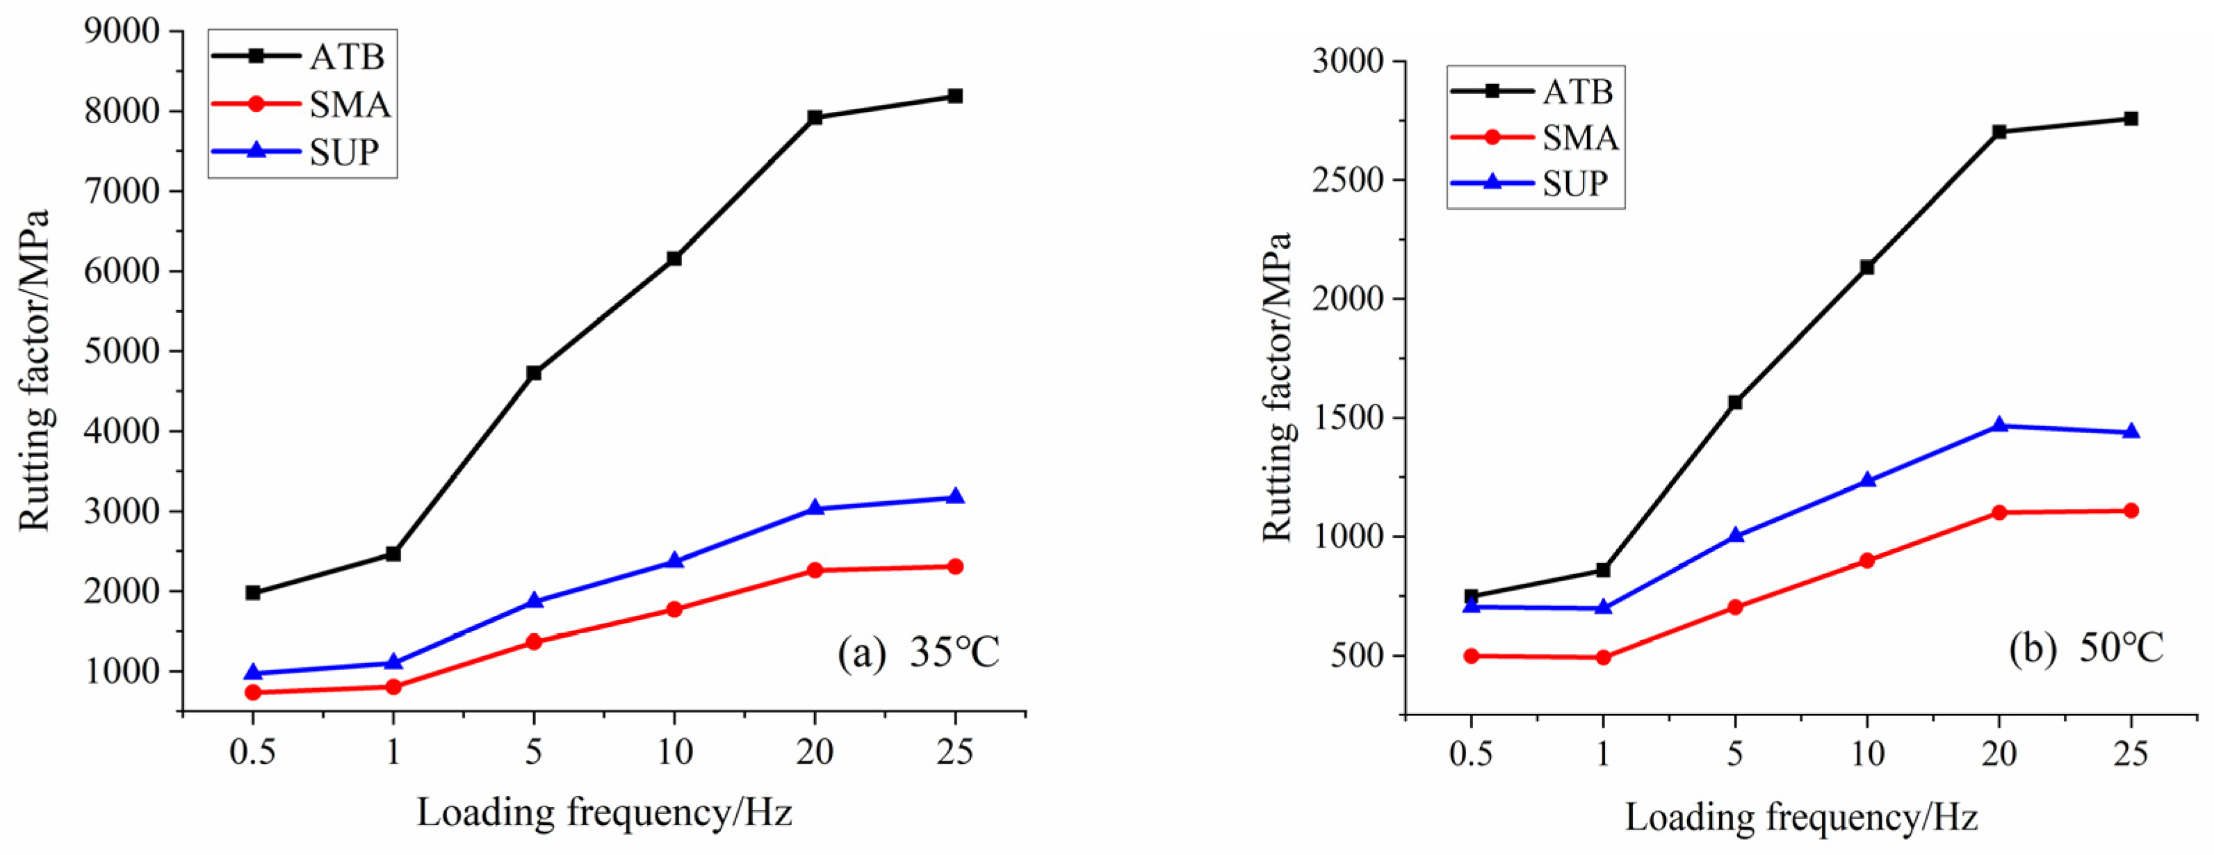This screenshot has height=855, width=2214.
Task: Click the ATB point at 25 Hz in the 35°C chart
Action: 954,96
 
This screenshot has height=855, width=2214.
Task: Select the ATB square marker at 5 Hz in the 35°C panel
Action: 534,373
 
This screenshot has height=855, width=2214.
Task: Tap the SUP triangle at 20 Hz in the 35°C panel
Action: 815,508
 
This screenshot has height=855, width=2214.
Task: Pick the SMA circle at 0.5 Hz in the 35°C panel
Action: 253,692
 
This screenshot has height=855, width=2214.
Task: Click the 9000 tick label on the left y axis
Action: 122,31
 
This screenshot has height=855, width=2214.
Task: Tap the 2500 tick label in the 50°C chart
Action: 1348,181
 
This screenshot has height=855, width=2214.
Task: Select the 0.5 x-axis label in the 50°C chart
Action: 1471,754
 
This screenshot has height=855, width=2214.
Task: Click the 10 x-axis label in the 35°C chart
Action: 675,752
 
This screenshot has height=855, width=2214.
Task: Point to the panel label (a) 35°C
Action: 918,653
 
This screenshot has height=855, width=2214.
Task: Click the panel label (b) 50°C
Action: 2086,648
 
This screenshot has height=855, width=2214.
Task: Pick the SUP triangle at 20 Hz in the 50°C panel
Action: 1999,425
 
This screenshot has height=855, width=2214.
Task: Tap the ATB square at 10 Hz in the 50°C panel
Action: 1866,267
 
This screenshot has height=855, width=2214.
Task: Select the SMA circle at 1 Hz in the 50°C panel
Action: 1603,658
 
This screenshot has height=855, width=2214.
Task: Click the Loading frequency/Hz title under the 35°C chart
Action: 604,812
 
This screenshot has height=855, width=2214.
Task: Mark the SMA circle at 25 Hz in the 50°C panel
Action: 2131,510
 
